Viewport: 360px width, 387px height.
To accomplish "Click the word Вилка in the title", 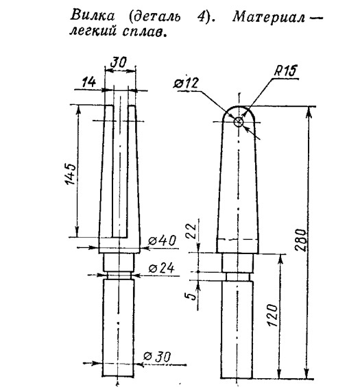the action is click(x=93, y=16).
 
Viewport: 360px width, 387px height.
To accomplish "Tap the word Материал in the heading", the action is click(x=269, y=17).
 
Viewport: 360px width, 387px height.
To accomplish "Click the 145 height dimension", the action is click(x=70, y=173).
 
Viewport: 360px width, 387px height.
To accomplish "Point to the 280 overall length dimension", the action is click(x=301, y=240).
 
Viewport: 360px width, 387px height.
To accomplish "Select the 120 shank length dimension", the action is click(x=273, y=316).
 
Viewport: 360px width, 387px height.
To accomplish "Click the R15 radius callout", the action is click(x=285, y=71).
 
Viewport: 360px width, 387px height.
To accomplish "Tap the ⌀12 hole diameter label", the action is click(x=186, y=83).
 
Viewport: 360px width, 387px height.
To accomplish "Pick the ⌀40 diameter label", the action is click(x=163, y=240).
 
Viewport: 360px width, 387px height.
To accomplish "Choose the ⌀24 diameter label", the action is click(x=162, y=268).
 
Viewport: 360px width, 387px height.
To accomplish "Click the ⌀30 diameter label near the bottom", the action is click(x=157, y=356).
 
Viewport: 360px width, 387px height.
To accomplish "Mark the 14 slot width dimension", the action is click(x=88, y=82).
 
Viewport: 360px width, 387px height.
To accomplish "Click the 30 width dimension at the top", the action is click(x=119, y=62).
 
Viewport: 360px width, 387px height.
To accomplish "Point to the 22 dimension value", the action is click(x=191, y=231).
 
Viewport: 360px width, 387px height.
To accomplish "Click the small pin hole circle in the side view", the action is click(x=239, y=121).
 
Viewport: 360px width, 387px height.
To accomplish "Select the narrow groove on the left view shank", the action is click(x=119, y=275).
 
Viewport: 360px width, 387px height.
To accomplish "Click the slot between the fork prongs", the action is click(x=120, y=171).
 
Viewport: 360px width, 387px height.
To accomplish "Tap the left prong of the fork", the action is click(x=106, y=177).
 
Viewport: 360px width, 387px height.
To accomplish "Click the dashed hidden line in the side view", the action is click(x=238, y=240).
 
